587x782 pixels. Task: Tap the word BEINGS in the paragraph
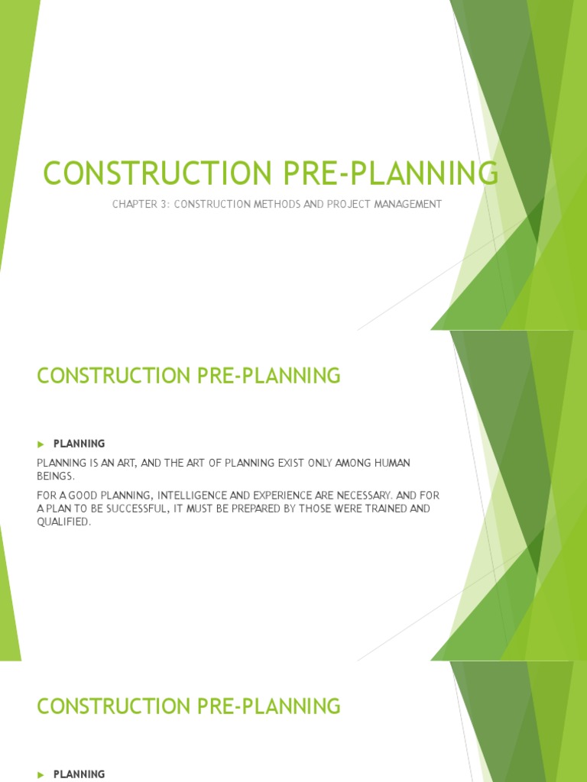click(55, 475)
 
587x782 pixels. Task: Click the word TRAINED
click(363, 509)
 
